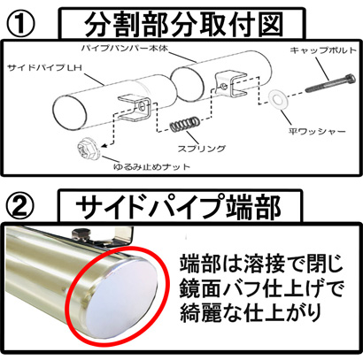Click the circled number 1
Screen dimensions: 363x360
click(21, 25)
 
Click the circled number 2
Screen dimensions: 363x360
click(20, 205)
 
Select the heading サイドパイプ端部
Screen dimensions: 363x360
click(178, 206)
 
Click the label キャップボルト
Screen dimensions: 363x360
click(323, 50)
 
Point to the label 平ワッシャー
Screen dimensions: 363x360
click(317, 131)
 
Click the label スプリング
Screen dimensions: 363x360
click(201, 149)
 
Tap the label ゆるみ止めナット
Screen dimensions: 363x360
click(151, 167)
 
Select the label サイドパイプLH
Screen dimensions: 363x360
click(44, 68)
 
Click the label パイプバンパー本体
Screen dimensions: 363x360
click(125, 48)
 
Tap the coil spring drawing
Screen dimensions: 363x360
click(184, 124)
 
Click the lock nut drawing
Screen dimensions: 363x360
click(89, 149)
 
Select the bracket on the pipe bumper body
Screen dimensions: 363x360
click(231, 84)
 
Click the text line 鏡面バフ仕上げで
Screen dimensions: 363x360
click(261, 287)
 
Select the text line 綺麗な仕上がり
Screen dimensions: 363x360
click(251, 313)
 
